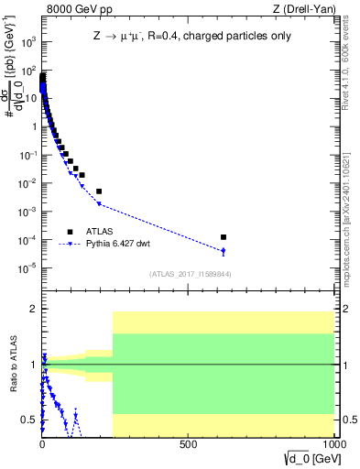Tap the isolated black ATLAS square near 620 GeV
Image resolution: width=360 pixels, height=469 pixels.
[x=224, y=237]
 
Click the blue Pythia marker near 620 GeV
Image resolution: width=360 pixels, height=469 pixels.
[x=224, y=251]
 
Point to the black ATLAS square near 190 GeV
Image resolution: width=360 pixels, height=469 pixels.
[x=99, y=191]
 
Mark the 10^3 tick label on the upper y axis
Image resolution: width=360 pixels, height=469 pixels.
[x=27, y=42]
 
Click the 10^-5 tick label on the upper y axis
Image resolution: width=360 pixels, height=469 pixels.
[x=27, y=268]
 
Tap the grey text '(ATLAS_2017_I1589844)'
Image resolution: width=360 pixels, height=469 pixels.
[x=189, y=274]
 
